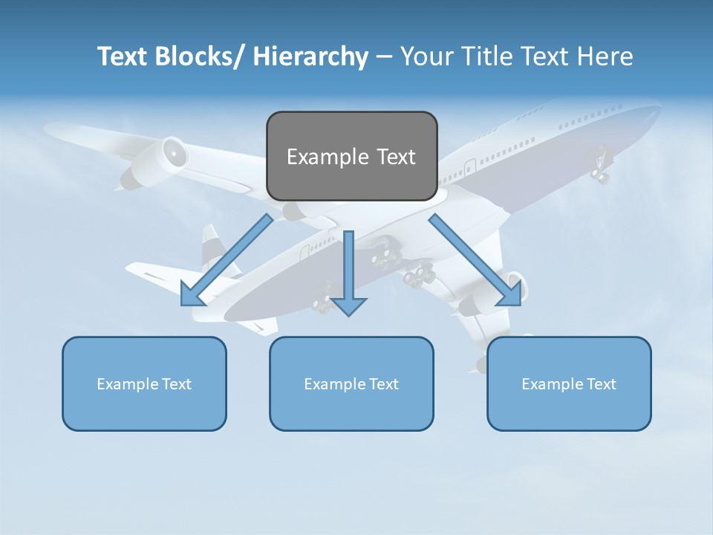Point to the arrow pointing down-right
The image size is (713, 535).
(x=472, y=256)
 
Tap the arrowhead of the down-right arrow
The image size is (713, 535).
(x=510, y=294)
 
